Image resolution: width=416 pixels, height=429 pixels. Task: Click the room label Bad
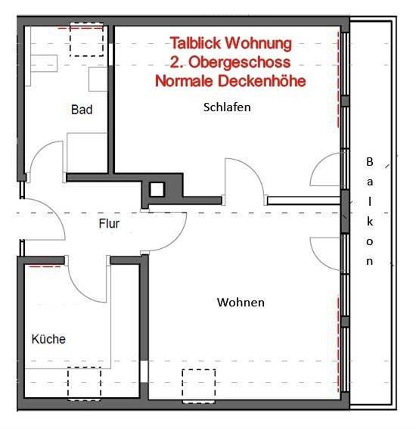pos(82,110)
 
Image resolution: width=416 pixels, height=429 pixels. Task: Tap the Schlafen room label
pos(227,107)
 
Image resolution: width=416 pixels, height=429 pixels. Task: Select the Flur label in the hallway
pos(110,223)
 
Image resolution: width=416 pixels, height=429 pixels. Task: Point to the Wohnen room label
pos(241,303)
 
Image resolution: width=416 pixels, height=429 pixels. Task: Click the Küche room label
pos(48,339)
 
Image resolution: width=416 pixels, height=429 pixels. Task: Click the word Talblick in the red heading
pos(197,44)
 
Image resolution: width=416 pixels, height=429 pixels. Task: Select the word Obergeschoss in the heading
pos(247,62)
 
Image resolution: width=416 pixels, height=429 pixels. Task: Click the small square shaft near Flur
pos(157,191)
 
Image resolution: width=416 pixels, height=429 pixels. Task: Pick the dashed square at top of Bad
pos(85,40)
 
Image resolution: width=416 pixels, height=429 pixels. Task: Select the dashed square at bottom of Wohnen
pos(199,383)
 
